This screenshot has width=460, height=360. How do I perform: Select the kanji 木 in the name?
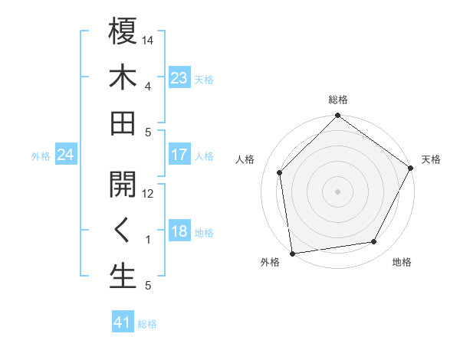click(x=123, y=78)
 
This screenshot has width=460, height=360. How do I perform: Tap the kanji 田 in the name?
click(x=123, y=124)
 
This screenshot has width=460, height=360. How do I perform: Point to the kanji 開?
click(x=123, y=185)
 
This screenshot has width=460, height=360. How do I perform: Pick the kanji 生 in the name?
click(x=123, y=277)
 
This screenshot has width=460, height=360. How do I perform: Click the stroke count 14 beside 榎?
click(x=148, y=39)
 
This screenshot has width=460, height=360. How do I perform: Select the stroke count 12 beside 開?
click(x=148, y=193)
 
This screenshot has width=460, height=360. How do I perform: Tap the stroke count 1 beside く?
click(x=148, y=240)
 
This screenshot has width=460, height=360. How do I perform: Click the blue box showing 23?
click(x=179, y=78)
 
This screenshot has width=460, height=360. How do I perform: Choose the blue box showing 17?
click(x=179, y=155)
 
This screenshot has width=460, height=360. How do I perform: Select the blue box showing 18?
click(x=179, y=232)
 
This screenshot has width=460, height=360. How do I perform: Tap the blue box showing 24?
click(x=65, y=155)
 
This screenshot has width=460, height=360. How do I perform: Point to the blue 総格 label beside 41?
click(x=147, y=324)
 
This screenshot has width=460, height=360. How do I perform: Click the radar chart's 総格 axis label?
click(x=338, y=100)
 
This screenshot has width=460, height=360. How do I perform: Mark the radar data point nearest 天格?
click(x=411, y=169)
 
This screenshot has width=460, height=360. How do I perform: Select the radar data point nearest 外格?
click(x=292, y=253)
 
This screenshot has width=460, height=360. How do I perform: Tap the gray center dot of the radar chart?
click(x=337, y=191)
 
